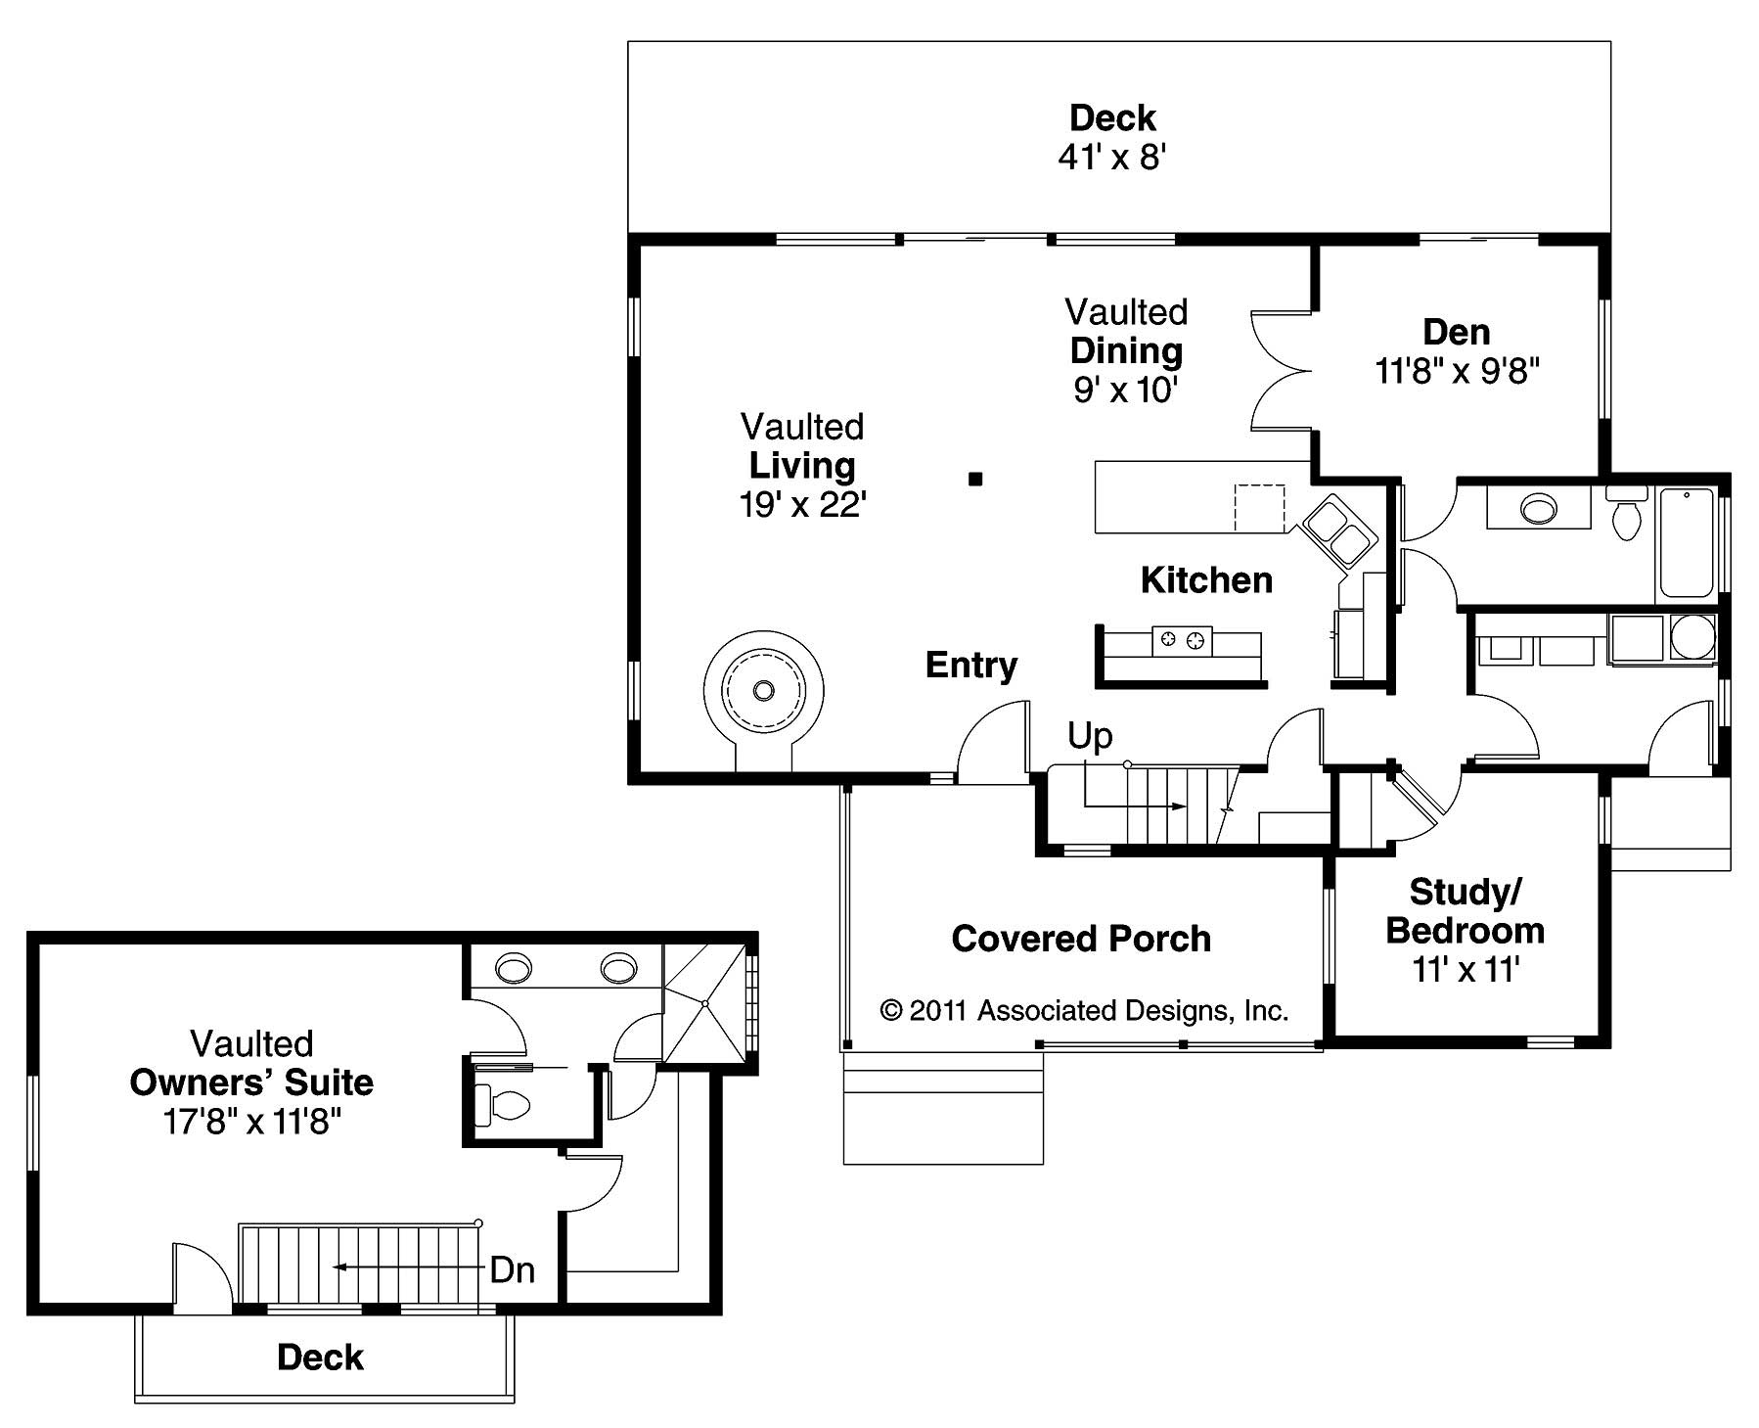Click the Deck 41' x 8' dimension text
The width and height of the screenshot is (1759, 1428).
click(1112, 157)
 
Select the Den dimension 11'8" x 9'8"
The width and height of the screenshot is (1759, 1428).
click(1457, 372)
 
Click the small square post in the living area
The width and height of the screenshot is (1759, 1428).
click(974, 479)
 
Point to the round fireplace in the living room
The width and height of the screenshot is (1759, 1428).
click(763, 690)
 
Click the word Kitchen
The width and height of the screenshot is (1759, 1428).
click(1206, 580)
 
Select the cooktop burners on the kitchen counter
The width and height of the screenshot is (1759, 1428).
click(1181, 641)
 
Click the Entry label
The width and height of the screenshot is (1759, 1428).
click(971, 666)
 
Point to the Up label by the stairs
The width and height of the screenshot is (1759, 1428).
click(1089, 735)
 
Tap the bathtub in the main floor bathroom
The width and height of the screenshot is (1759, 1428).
click(1687, 544)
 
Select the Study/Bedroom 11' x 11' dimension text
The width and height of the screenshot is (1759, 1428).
click(1465, 970)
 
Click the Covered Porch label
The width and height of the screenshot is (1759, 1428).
click(1081, 939)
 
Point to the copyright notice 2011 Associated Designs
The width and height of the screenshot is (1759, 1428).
click(1084, 1010)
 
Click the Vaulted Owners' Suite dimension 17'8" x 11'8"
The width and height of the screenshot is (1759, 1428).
click(251, 1122)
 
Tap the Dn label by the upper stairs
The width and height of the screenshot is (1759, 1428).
click(512, 1269)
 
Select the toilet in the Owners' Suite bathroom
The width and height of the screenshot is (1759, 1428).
click(502, 1106)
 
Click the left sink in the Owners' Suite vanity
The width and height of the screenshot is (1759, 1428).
click(515, 969)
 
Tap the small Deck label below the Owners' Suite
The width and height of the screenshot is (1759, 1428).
click(320, 1358)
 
